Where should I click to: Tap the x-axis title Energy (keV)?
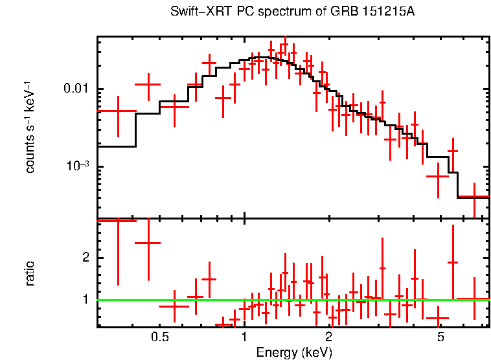click(x=294, y=353)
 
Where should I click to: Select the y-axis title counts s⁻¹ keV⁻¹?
click(x=30, y=127)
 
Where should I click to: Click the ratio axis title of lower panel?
click(x=30, y=273)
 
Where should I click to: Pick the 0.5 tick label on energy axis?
click(x=159, y=337)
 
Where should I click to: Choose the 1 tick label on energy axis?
click(x=244, y=337)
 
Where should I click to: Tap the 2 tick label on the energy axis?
click(x=329, y=337)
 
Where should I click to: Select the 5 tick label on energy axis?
click(x=440, y=337)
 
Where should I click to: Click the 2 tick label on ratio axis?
click(x=84, y=258)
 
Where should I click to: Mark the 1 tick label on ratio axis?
click(x=84, y=300)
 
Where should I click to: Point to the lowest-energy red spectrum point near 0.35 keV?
click(x=117, y=111)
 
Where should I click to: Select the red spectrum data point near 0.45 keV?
click(x=148, y=84)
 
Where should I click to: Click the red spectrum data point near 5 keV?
click(x=439, y=176)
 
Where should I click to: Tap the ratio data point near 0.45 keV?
click(x=148, y=243)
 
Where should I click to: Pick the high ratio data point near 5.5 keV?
click(x=453, y=262)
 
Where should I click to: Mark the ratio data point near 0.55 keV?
click(x=174, y=304)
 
